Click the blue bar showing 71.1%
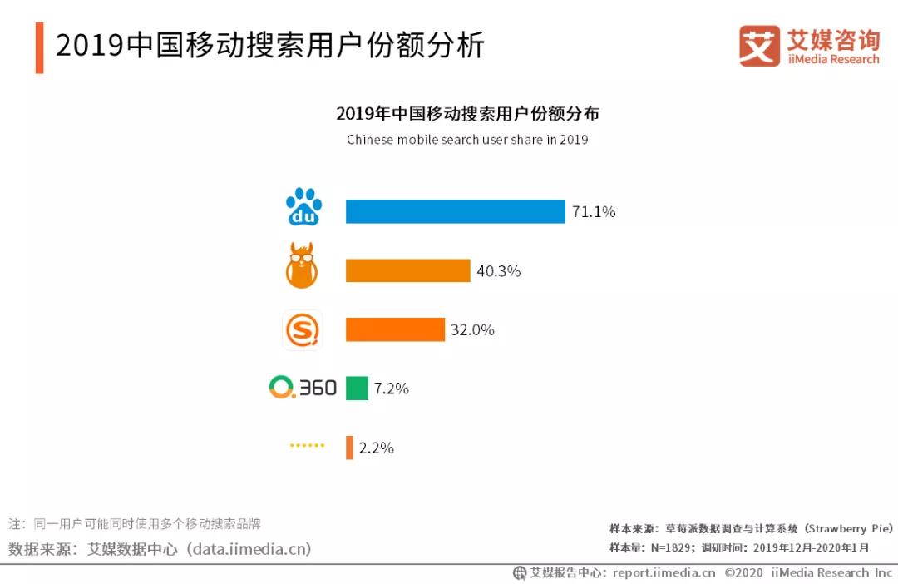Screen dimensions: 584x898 (455, 211)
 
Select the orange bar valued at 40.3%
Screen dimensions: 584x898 (407, 270)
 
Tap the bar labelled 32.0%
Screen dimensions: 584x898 (395, 329)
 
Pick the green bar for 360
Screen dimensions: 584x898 (357, 389)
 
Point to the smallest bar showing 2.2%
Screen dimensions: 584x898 (349, 448)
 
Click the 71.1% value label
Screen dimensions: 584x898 (594, 212)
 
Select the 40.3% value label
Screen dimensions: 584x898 (498, 271)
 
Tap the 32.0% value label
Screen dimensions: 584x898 (472, 330)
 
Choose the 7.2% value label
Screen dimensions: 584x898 (392, 389)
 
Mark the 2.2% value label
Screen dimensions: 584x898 (376, 448)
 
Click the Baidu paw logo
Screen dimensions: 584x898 (303, 207)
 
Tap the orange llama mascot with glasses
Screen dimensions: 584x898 (302, 266)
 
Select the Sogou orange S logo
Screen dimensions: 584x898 (303, 330)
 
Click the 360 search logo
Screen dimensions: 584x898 (303, 388)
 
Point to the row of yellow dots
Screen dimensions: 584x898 (307, 446)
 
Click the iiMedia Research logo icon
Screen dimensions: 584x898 (759, 46)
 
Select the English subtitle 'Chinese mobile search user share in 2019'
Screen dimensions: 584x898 (467, 140)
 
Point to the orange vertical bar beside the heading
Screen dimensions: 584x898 (39, 47)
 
